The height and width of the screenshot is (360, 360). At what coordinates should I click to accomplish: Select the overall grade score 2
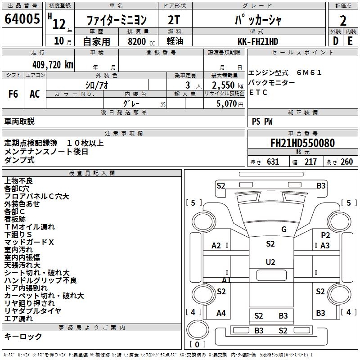click(343, 20)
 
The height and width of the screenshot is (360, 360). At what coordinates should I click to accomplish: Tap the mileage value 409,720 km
click(53, 64)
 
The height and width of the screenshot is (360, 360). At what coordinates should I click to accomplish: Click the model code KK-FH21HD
click(258, 41)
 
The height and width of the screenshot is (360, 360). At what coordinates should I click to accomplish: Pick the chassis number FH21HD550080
click(302, 144)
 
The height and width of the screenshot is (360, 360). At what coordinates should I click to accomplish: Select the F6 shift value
click(13, 94)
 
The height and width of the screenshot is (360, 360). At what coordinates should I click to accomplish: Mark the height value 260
click(346, 162)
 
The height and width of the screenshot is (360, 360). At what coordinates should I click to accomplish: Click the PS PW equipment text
click(262, 121)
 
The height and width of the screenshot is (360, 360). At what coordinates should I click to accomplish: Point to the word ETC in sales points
click(258, 93)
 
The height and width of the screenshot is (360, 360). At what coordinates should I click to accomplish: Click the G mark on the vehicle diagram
click(283, 229)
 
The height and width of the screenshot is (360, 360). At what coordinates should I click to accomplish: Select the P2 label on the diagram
click(325, 235)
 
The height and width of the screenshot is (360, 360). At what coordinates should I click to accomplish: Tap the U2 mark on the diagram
click(270, 262)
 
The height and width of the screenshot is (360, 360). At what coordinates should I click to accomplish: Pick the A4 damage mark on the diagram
click(221, 313)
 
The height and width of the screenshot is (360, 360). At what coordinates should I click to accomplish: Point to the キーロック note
click(23, 337)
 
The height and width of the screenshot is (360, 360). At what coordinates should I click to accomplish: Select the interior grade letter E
click(350, 41)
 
